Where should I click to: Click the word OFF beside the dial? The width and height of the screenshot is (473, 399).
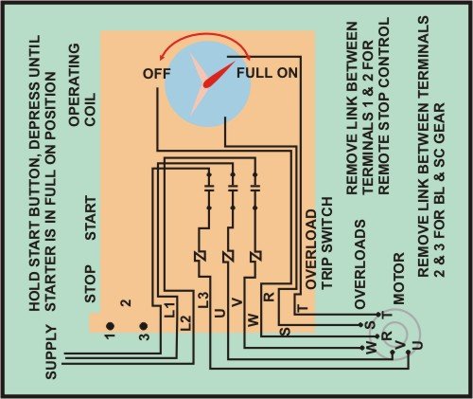[156, 74]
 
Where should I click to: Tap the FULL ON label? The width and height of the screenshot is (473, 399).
[267, 73]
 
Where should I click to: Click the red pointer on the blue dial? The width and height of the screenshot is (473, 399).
[219, 75]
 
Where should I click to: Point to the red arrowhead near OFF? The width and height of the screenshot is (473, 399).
[162, 57]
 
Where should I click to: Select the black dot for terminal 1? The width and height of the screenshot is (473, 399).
[110, 326]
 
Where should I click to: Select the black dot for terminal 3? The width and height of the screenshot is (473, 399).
[144, 326]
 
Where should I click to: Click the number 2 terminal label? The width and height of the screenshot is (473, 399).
[126, 302]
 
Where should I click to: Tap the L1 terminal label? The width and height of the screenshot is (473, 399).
[170, 310]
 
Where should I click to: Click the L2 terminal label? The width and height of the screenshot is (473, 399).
[186, 323]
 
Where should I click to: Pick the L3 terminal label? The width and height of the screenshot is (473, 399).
[203, 300]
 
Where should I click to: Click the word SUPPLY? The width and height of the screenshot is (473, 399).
[51, 353]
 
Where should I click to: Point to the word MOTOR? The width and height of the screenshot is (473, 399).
[398, 279]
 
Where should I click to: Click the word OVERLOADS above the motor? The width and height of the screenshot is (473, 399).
[359, 264]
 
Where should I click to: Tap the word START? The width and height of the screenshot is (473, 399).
[91, 218]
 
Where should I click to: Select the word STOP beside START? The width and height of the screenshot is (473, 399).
[91, 283]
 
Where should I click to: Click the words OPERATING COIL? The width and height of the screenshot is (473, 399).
[82, 85]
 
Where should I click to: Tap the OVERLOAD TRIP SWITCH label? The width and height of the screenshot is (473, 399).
[320, 243]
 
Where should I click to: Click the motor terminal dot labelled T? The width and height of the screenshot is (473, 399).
[378, 315]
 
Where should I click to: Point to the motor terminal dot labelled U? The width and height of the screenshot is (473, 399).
[408, 352]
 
